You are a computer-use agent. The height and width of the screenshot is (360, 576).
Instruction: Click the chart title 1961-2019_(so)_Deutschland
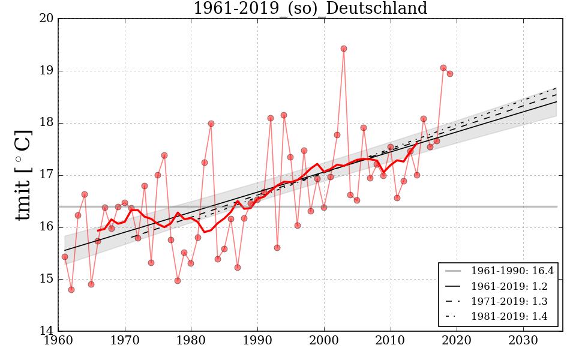coord(310,9)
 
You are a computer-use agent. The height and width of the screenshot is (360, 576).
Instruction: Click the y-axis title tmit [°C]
coord(23,175)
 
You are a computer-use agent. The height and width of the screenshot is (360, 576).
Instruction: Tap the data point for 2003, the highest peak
coord(344,49)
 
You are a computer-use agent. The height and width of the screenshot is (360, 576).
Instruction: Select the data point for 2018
coord(443,68)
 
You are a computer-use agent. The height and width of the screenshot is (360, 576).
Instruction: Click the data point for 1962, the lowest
coord(71,290)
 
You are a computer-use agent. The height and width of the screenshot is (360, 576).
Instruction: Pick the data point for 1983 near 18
coord(211,124)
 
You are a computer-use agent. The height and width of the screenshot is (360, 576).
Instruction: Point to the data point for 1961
coord(65,257)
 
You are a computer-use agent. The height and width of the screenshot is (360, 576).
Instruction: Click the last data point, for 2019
coord(450,74)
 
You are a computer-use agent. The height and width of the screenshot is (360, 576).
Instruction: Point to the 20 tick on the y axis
coord(50,19)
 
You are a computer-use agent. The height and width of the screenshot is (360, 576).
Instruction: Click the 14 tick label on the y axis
coord(50,331)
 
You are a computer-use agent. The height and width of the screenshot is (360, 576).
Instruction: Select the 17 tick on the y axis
coord(50,175)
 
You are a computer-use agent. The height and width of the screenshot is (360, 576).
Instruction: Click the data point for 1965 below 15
coord(91,284)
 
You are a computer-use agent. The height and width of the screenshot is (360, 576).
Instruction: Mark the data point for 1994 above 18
coord(284,115)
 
